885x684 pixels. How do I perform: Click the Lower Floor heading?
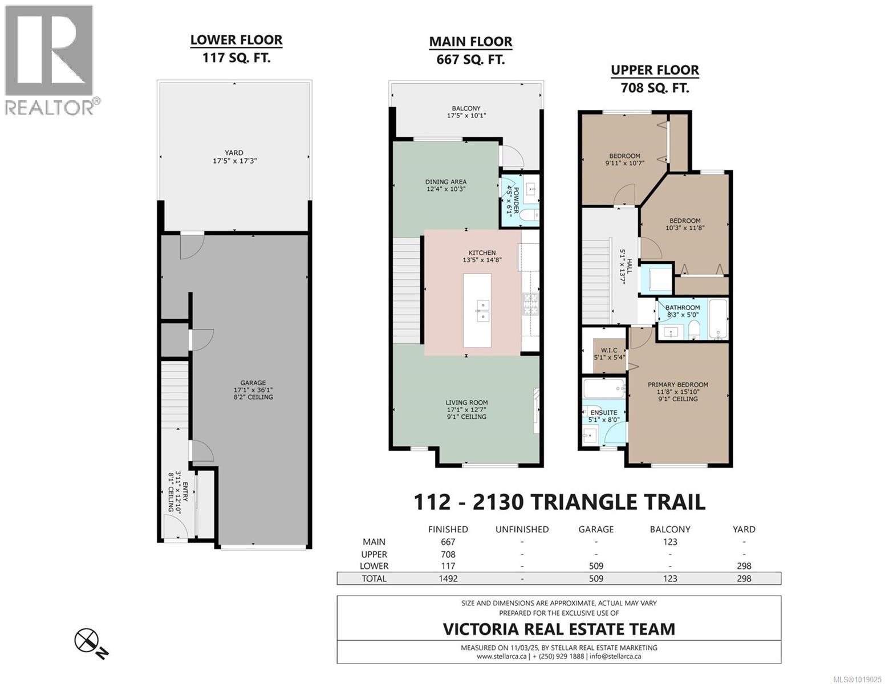(x=236, y=40)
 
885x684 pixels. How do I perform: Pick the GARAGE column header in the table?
(x=596, y=530)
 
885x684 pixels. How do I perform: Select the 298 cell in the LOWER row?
(x=744, y=566)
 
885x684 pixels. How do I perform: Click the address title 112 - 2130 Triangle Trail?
(x=559, y=502)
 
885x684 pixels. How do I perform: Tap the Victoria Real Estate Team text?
(x=559, y=629)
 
